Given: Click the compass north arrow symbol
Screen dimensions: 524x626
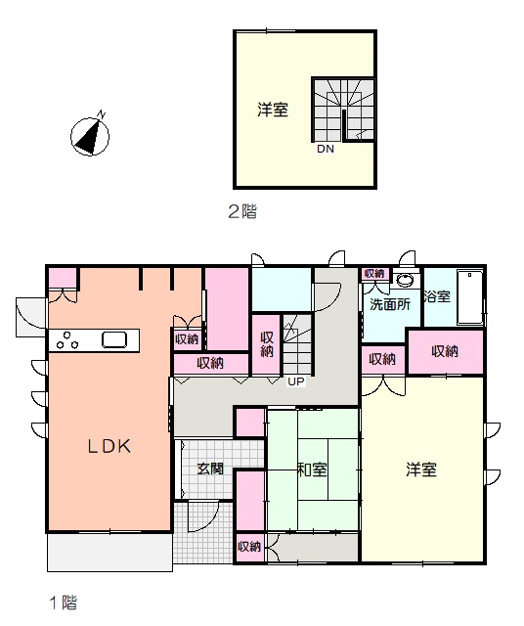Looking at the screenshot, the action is [x=90, y=136].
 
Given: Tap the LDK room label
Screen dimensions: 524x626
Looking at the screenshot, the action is [x=109, y=446].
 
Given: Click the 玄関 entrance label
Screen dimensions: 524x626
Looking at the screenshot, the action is [x=210, y=469].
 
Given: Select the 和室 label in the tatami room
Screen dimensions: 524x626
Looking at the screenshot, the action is [x=313, y=469].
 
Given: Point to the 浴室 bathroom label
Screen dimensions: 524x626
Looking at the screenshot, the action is [x=437, y=296].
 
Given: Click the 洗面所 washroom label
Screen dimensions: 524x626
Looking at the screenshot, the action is [x=390, y=304].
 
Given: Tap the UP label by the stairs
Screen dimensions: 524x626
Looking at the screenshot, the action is [x=296, y=381].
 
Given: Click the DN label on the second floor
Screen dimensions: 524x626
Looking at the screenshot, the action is [x=326, y=149].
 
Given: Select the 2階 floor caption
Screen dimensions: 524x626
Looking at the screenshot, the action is [x=242, y=211].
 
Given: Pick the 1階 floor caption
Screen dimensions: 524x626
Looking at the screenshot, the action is [x=63, y=603].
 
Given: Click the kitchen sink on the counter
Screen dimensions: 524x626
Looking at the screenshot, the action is [x=114, y=339].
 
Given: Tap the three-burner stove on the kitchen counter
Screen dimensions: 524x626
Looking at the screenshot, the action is [x=67, y=340].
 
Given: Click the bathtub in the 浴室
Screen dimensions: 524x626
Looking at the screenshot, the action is [x=469, y=297].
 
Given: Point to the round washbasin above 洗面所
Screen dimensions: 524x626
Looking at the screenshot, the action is [x=406, y=281].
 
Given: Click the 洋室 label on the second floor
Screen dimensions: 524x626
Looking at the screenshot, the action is [x=273, y=110].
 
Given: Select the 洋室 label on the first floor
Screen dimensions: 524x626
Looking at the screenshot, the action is [x=421, y=469].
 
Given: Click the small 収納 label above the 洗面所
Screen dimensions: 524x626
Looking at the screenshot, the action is [x=374, y=273].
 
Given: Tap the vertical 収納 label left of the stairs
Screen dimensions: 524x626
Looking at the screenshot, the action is [x=267, y=344].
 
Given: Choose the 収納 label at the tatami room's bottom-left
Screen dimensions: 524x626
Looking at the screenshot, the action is [x=249, y=546].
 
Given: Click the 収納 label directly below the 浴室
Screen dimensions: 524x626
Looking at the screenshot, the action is [x=445, y=351].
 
